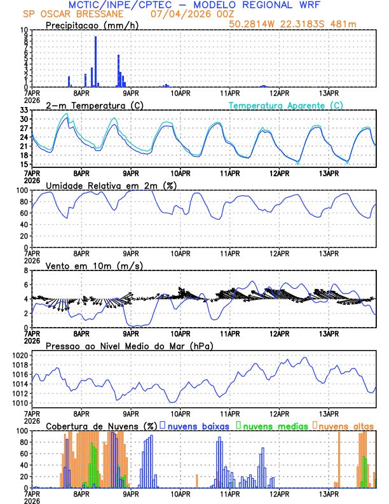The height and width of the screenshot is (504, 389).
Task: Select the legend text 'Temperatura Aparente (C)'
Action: [x=285, y=105]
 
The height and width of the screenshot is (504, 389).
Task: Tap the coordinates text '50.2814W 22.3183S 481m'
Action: [x=301, y=24]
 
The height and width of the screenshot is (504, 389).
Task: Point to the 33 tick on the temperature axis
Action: [x=24, y=111]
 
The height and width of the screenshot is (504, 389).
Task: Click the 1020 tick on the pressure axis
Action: [x=19, y=355]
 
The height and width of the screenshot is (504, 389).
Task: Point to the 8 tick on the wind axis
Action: [x=25, y=271]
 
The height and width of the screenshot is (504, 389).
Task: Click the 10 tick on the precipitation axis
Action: [x=24, y=31]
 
